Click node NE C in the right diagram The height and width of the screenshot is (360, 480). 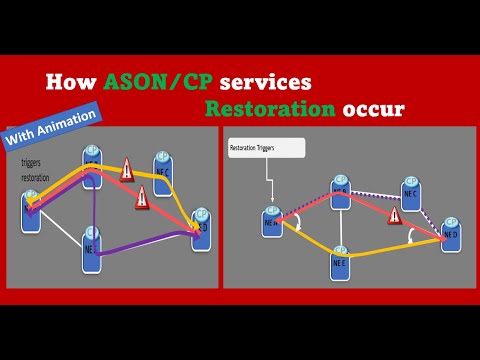pos(408,192)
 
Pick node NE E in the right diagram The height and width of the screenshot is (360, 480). pos(340,261)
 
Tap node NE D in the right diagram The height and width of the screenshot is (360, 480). pos(449,231)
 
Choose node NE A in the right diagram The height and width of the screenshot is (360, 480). pos(271,222)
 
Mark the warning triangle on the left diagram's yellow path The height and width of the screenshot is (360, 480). pos(127,171)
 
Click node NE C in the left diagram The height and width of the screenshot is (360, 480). pos(162,168)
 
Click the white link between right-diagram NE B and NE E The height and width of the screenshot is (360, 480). pos(340,225)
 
